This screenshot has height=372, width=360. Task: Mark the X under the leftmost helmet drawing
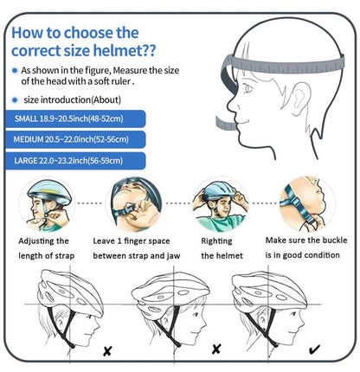click(x=107, y=351)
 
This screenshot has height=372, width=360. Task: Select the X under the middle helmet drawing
click(x=215, y=350)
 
